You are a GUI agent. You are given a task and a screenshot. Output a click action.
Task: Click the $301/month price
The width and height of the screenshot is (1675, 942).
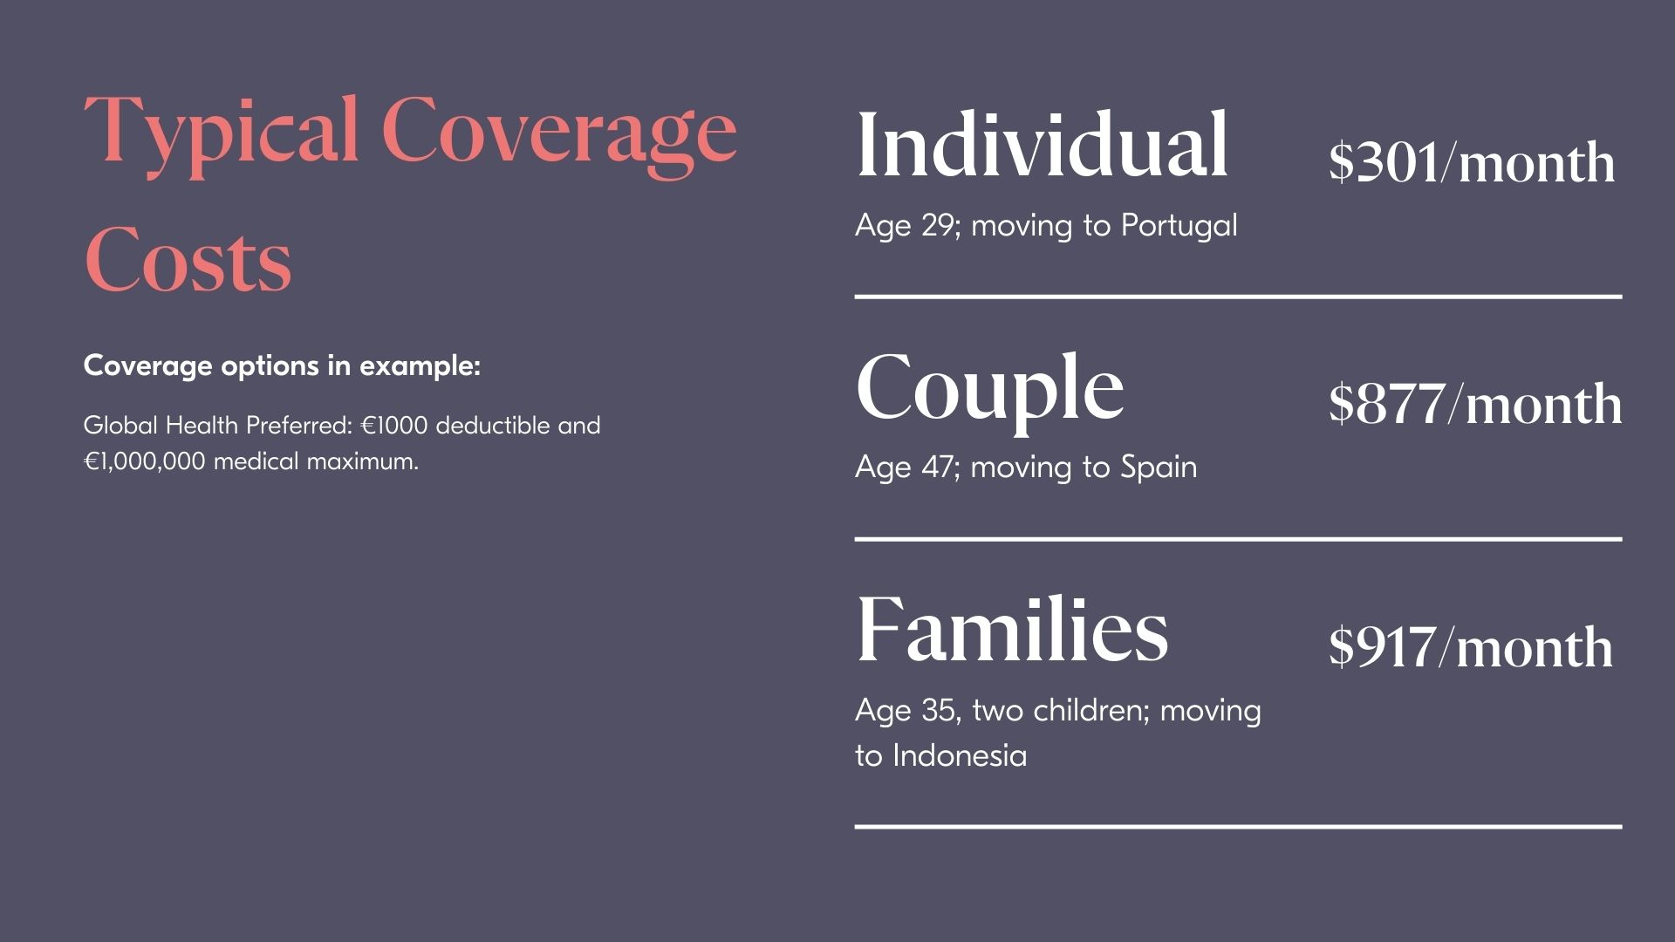coord(1472,162)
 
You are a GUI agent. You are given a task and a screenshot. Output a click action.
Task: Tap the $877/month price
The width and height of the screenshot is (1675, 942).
coord(1475,404)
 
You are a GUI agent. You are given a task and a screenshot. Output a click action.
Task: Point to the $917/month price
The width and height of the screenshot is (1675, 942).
coord(1471,646)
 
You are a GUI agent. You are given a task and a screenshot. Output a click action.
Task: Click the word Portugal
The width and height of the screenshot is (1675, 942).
coord(1179,226)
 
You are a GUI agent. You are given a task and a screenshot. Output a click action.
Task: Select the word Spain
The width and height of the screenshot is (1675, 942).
coord(1159,468)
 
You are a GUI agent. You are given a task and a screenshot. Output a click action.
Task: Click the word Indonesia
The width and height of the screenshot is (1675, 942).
coord(960,755)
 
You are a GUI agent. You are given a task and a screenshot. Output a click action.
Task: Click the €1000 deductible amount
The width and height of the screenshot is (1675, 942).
coord(394,426)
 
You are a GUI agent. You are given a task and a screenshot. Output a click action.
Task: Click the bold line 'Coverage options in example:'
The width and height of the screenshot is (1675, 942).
coord(282,365)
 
